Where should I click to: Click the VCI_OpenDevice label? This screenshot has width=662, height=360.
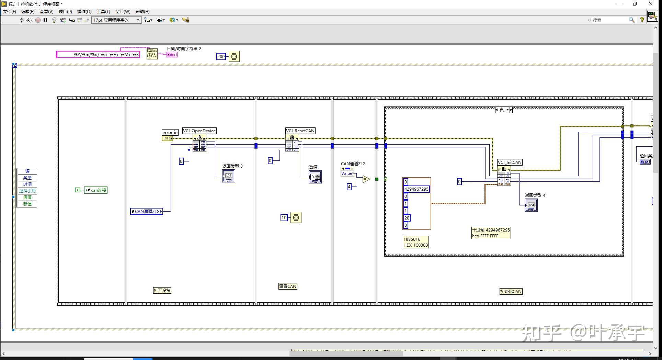point(199,131)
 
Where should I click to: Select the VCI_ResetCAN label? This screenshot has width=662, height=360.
point(300,131)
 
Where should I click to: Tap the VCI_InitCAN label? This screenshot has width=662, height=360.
point(510,162)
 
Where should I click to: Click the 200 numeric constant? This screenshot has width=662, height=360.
point(221,57)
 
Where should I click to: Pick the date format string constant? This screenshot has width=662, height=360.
point(98,55)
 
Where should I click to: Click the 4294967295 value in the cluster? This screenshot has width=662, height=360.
point(416,189)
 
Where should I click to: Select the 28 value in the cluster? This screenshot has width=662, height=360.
point(407,218)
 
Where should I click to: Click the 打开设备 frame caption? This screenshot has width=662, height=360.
point(162,290)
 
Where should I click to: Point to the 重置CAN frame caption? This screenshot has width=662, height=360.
point(288,286)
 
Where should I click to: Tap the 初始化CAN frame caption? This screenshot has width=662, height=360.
point(511,292)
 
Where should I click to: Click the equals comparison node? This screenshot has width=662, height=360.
point(366,179)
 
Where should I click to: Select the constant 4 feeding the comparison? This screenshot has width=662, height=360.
point(349,187)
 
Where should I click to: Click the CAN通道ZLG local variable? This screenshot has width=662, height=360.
point(147,212)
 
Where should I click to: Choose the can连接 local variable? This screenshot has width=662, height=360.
point(96,190)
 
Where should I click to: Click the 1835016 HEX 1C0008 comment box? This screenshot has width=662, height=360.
point(415,242)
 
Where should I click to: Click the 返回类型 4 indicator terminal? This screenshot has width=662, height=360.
point(531,205)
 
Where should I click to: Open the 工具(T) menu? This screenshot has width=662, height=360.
point(103,12)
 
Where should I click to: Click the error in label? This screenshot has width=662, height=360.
point(170,133)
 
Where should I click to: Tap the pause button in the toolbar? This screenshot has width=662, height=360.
point(45,20)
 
